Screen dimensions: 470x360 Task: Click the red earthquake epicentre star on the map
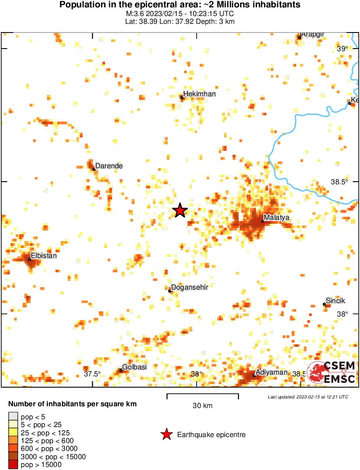[180, 211]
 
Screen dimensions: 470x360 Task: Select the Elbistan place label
[44, 256]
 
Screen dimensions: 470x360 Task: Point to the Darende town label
[109, 166]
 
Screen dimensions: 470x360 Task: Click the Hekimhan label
[199, 94]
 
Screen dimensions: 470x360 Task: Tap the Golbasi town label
[134, 367]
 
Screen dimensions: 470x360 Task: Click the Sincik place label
[336, 300]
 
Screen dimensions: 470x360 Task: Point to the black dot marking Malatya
[263, 221]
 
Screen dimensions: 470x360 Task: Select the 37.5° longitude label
[92, 374]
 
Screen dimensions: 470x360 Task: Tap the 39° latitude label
[342, 49]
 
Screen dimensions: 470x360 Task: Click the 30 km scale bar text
[202, 406]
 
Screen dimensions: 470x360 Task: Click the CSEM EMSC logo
[332, 372]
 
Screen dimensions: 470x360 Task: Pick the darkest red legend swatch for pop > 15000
[13, 465]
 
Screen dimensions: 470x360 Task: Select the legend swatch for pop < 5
[13, 417]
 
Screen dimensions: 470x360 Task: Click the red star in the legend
[166, 434]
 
